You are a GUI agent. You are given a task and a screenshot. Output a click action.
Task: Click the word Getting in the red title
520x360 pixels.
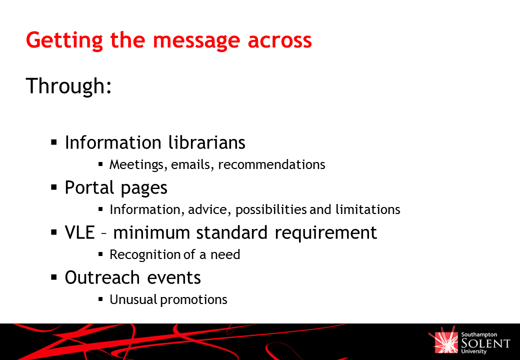[x=64, y=41]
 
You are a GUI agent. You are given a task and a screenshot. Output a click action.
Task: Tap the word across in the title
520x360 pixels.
[x=279, y=41]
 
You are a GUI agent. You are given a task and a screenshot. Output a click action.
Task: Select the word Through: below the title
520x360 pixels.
[x=68, y=86]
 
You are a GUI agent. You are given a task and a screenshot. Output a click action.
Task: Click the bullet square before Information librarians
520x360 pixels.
[x=54, y=142]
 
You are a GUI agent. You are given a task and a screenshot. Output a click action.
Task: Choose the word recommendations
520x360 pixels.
[x=271, y=164]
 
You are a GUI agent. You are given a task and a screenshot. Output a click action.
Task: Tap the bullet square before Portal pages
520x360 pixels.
[x=54, y=187]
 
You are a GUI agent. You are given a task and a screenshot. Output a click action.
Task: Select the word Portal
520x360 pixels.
[x=89, y=187]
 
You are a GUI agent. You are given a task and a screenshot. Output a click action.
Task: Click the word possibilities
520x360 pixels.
[x=271, y=210]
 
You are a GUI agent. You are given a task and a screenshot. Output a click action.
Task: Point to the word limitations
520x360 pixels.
[x=368, y=209]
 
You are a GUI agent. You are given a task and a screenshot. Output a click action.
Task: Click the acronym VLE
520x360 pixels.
[x=80, y=232]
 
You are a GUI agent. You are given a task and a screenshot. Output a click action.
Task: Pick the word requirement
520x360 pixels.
[x=325, y=233]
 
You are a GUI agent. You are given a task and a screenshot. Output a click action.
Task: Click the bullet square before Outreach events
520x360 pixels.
[x=54, y=277]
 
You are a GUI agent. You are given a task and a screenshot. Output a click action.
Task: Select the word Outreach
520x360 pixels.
[x=102, y=277]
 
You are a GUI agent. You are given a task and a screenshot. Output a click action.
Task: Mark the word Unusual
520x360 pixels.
[x=133, y=299]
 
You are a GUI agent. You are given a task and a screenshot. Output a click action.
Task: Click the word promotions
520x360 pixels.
[x=193, y=300]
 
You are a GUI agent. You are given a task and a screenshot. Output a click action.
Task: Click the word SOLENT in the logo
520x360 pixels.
[x=485, y=343]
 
